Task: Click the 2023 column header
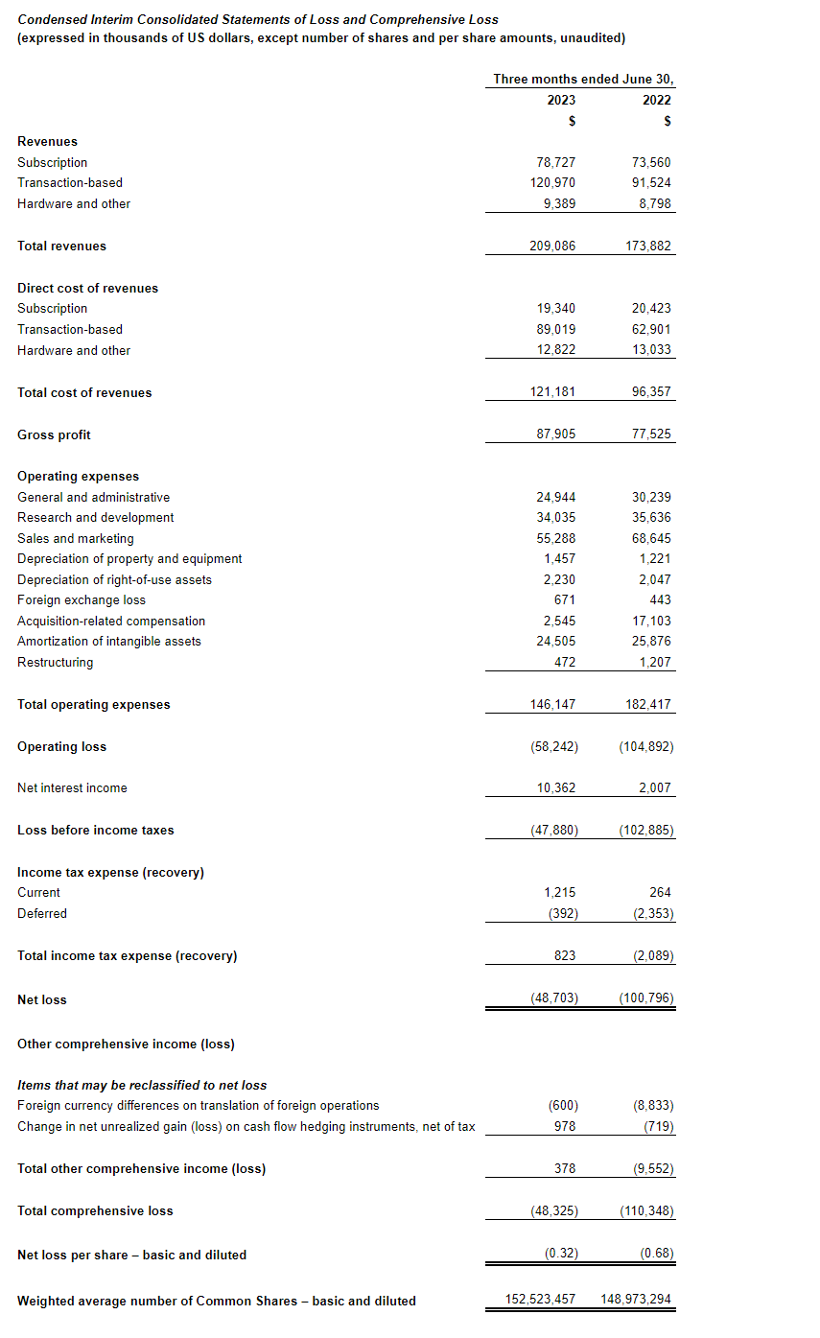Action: tap(561, 100)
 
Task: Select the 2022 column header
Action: tap(657, 100)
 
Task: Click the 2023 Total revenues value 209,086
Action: tap(552, 246)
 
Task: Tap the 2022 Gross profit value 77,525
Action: tap(648, 434)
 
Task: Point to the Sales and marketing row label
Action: tap(76, 539)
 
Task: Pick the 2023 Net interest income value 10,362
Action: tap(556, 788)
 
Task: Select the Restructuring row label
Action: tap(56, 663)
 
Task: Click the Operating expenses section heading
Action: tap(78, 477)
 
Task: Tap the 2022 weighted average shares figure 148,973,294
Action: tap(636, 1301)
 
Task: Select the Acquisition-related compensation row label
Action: tap(111, 622)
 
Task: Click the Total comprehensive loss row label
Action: tap(95, 1211)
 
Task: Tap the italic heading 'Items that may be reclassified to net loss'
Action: tap(142, 1086)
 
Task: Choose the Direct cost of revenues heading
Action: tap(87, 289)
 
